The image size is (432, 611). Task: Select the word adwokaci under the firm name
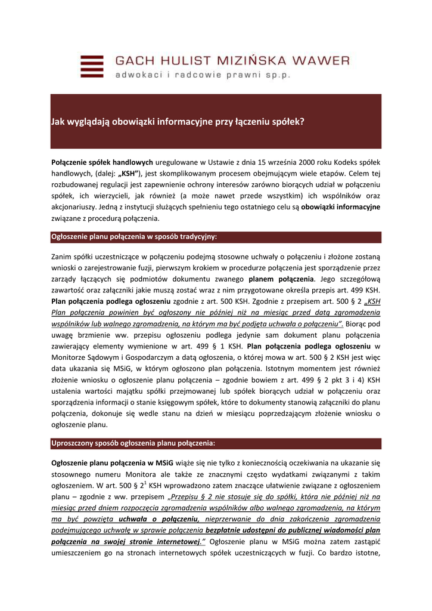(139, 75)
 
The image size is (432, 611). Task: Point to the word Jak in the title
(58, 122)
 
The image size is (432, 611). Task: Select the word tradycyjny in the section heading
(195, 237)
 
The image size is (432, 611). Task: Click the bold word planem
(266, 279)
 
